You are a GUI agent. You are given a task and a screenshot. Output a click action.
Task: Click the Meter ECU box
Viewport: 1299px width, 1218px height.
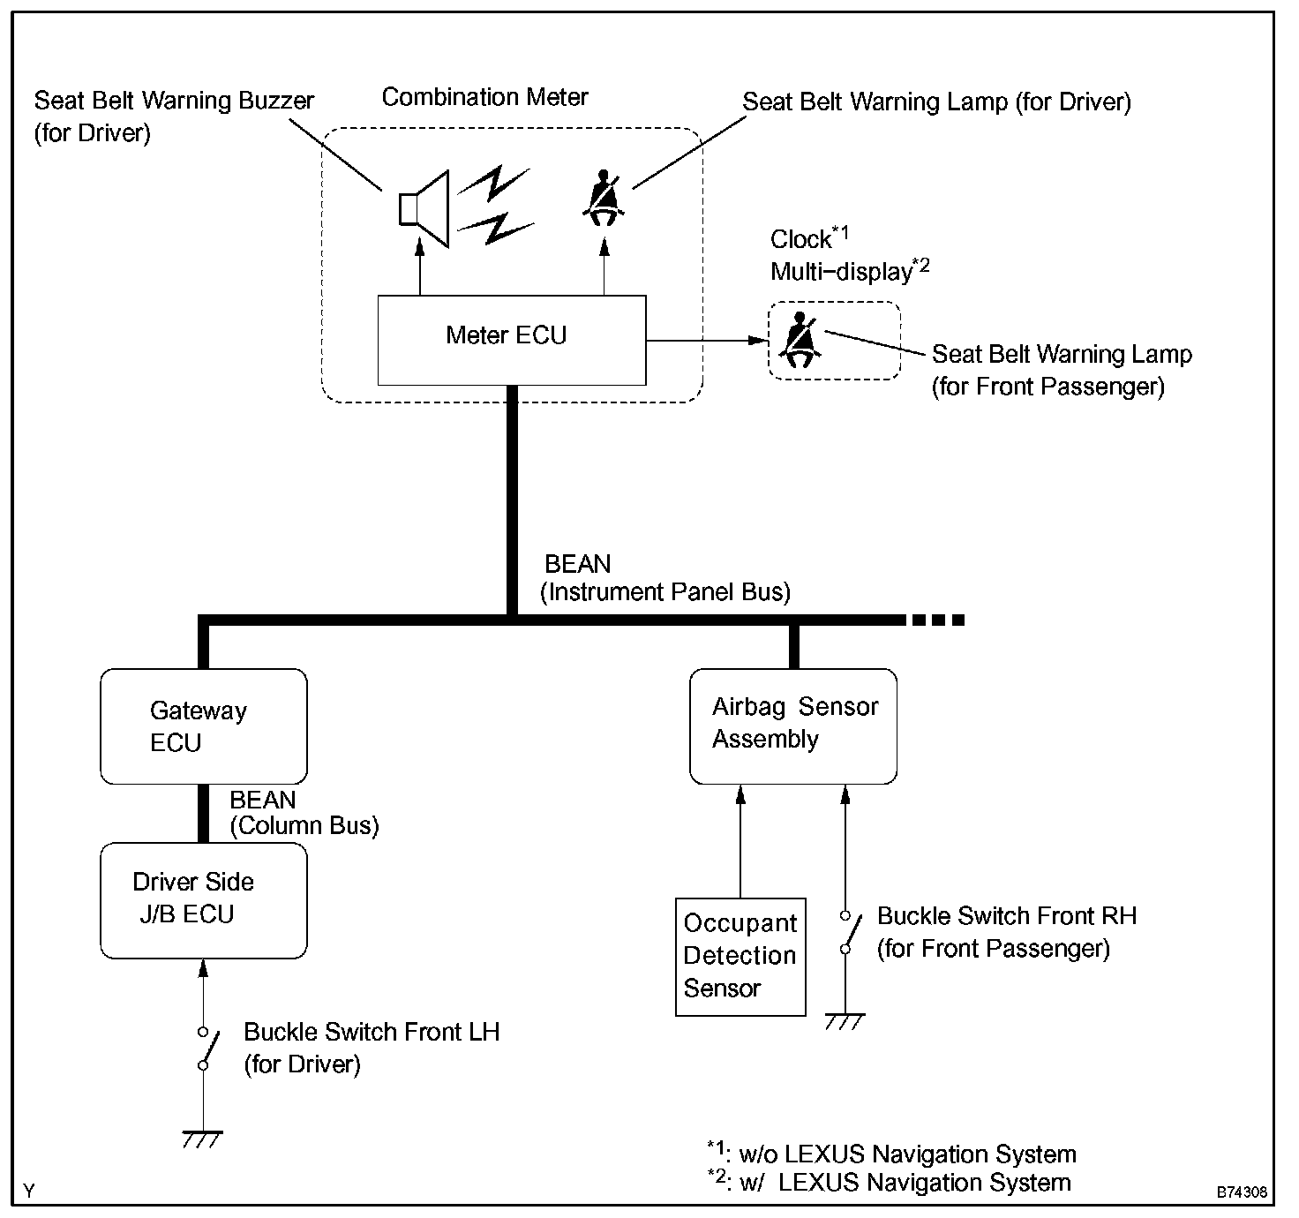point(511,340)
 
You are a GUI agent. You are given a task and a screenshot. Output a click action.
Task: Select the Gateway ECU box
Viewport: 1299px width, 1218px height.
point(203,726)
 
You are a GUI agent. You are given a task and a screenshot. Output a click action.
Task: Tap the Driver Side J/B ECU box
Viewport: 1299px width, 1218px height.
point(203,900)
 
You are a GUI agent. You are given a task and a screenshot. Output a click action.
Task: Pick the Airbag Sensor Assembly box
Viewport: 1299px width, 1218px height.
point(792,726)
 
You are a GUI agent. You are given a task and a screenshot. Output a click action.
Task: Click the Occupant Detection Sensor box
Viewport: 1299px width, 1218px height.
point(740,957)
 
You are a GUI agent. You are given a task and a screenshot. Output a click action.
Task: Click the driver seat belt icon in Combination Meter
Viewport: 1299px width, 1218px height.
point(604,199)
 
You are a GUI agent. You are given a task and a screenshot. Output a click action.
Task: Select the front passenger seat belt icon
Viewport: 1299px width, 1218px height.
point(800,341)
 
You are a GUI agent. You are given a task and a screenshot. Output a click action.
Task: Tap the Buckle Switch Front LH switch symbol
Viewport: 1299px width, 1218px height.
point(205,1049)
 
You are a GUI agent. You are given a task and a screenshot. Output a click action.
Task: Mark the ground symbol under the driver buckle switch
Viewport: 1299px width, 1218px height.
point(202,1139)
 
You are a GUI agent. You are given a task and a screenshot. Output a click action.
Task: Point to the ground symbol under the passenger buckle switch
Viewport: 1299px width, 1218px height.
point(845,1021)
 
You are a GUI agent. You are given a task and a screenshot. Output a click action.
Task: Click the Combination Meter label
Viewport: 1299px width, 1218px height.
point(484,97)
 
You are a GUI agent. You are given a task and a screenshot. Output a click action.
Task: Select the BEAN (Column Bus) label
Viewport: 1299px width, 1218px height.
point(303,813)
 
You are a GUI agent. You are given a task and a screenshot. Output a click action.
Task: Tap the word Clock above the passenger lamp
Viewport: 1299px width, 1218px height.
point(800,239)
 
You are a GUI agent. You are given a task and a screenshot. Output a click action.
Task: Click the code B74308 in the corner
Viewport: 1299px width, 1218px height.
point(1243,1192)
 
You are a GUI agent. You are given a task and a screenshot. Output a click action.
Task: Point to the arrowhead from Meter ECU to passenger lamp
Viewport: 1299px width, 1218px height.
point(756,341)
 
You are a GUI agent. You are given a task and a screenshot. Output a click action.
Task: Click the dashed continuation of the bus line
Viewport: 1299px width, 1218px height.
point(937,620)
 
